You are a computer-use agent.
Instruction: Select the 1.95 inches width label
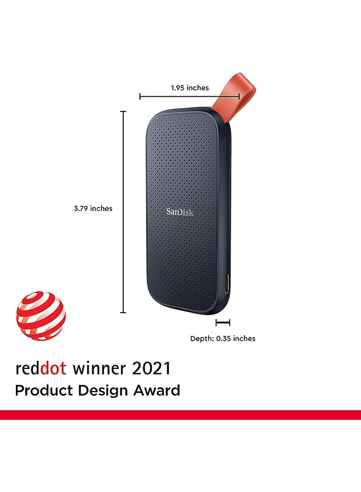point(190,87)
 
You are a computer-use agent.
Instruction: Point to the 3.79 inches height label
point(93,208)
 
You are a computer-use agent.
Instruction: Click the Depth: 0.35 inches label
point(223,338)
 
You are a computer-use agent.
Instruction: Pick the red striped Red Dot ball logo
point(41,316)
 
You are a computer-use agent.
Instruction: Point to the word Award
point(157,390)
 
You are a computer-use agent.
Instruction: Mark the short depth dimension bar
point(223,323)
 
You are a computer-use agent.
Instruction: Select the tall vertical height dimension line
point(124,212)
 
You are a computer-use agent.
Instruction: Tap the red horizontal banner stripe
point(180,415)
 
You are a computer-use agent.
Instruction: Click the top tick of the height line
point(124,112)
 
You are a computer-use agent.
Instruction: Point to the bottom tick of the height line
point(124,313)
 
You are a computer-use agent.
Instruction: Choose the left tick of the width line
point(140,97)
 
